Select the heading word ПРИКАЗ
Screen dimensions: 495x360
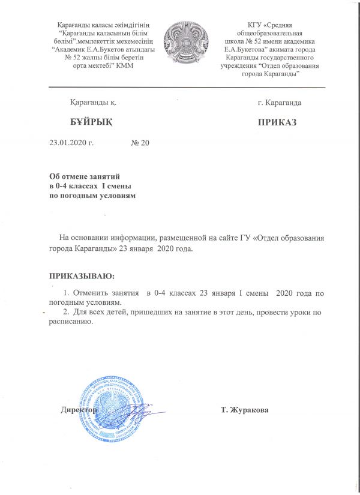[277, 122]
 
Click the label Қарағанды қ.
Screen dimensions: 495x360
[92, 103]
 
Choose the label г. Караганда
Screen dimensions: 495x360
[279, 103]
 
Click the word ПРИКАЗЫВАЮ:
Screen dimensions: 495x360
[81, 276]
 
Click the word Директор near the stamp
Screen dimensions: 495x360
[79, 410]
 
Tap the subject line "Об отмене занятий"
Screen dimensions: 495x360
[85, 177]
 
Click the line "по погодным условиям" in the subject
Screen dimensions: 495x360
[93, 196]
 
